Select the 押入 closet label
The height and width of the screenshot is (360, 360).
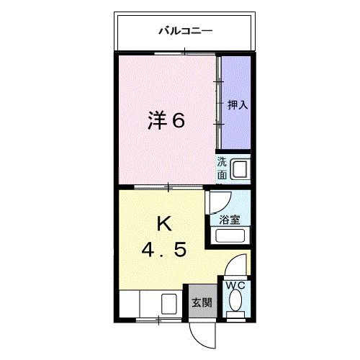[238, 104]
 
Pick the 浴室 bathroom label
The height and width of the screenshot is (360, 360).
[230, 220]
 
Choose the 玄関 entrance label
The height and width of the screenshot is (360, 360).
[200, 302]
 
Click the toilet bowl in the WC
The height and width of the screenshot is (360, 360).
[235, 304]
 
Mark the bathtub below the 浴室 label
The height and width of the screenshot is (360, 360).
[231, 238]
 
